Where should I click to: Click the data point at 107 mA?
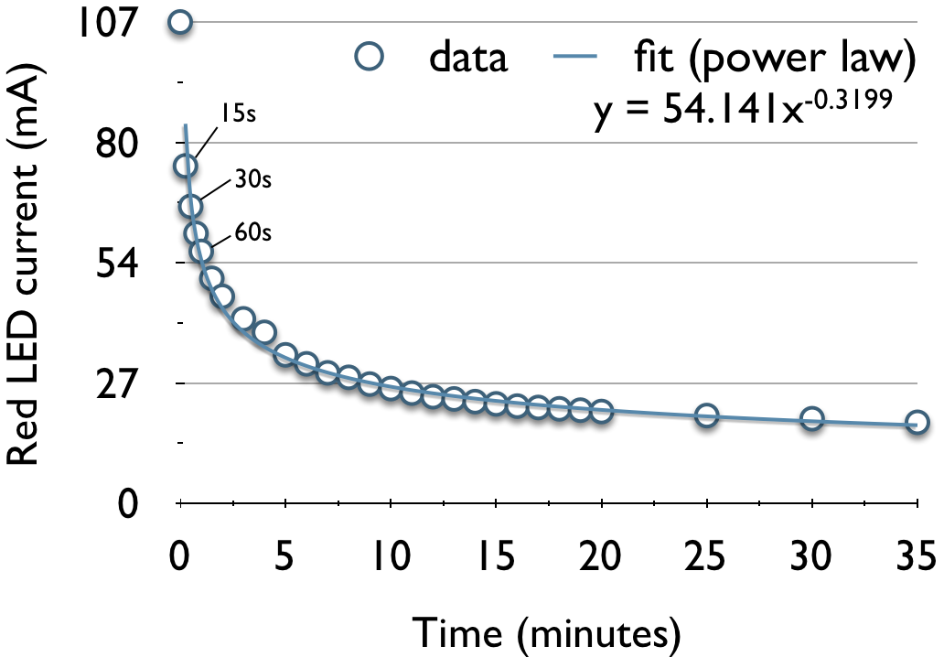click(x=181, y=22)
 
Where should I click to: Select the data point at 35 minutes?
click(x=917, y=423)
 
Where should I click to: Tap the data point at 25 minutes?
click(x=706, y=415)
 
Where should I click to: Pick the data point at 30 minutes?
click(x=811, y=419)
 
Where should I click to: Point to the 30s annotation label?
click(x=253, y=179)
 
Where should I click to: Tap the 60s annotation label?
click(x=253, y=232)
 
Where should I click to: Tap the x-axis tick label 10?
click(x=391, y=555)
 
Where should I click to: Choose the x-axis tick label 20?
click(x=601, y=555)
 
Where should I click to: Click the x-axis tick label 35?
click(x=915, y=555)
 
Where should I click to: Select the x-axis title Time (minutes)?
click(x=547, y=630)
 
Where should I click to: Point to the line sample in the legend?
click(x=576, y=59)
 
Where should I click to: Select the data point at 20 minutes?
click(x=601, y=411)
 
